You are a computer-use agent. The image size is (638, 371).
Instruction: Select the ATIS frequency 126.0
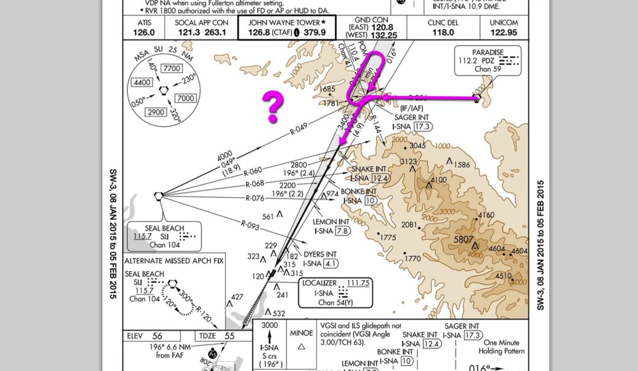tap(144, 32)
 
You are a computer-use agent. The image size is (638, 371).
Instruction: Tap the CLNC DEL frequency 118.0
tap(442, 32)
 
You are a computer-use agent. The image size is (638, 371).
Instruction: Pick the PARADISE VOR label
tap(479, 52)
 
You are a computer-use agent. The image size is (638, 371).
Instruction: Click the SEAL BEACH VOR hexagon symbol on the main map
tap(158, 196)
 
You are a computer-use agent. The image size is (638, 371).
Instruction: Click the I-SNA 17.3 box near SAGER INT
tap(423, 126)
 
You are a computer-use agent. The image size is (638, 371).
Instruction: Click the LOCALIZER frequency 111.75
tap(357, 284)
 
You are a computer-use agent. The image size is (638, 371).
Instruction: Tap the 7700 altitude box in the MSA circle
tap(172, 69)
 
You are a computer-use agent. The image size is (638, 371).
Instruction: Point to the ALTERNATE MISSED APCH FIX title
tap(174, 261)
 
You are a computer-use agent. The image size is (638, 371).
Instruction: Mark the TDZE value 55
tap(230, 336)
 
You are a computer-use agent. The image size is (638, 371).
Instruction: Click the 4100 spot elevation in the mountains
tap(439, 180)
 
